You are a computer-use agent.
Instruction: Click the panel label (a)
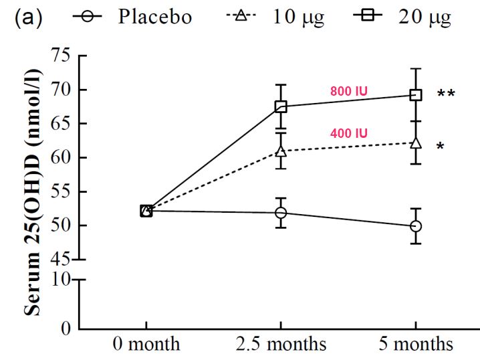click(26, 17)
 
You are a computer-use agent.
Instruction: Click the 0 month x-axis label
click(146, 345)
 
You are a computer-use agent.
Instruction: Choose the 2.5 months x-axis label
click(281, 345)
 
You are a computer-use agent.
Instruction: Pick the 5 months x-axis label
click(416, 345)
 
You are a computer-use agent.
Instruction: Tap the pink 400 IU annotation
click(348, 133)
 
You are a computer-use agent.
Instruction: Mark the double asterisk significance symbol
click(446, 94)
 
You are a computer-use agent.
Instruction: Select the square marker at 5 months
click(416, 95)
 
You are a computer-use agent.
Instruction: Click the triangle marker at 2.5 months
click(281, 151)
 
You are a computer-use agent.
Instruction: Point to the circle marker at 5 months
click(416, 227)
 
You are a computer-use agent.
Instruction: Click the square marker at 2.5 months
click(281, 106)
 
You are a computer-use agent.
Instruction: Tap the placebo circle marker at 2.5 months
click(281, 213)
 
